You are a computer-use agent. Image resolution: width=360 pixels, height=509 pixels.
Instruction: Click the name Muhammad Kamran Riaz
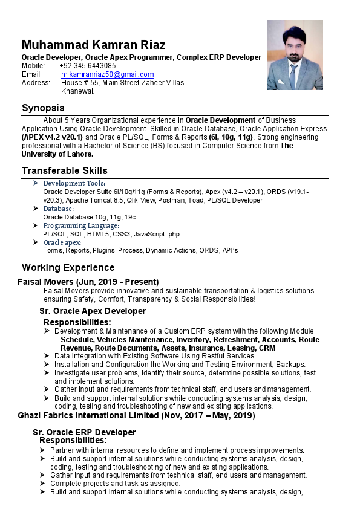(93, 45)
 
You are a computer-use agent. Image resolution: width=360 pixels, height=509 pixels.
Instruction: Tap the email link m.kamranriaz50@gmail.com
(107, 74)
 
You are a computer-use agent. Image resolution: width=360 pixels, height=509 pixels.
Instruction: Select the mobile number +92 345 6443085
(88, 65)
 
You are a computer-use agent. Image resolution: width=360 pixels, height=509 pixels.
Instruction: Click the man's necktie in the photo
(293, 76)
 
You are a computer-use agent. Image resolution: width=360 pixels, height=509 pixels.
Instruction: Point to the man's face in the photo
(293, 47)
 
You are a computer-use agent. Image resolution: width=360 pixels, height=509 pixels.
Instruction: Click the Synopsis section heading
(43, 108)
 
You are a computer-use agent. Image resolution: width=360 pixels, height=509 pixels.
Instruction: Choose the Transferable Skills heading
(65, 170)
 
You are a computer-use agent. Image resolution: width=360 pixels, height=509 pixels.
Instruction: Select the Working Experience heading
(68, 267)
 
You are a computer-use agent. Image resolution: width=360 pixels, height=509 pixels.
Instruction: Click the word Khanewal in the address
(77, 91)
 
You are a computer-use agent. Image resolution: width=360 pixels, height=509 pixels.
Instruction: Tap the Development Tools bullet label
(74, 183)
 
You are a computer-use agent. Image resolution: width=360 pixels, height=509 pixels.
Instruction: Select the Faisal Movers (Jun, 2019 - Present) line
(88, 282)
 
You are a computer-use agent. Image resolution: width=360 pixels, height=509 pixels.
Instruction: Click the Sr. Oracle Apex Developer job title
(93, 311)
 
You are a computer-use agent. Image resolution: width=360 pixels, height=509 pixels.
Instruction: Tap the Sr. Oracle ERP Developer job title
(84, 432)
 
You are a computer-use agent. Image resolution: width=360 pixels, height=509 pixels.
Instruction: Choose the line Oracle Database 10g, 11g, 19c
(89, 217)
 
